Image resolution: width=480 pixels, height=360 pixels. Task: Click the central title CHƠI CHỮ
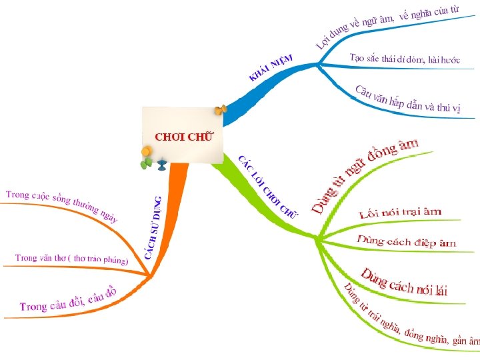coord(184,137)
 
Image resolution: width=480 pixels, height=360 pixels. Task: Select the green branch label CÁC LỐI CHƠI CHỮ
coord(267,186)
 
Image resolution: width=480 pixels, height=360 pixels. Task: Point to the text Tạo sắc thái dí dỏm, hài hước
coord(405,59)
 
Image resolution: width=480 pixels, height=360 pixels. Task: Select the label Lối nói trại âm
coord(400,213)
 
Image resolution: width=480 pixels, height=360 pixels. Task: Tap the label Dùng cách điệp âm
coord(407,241)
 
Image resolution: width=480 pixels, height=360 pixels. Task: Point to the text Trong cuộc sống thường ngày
coord(62,205)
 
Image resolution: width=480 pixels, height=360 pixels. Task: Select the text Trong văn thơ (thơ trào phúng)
coord(71,258)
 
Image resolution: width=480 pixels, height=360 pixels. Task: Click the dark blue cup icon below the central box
coord(162,163)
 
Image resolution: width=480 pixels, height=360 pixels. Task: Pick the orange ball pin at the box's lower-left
coord(146,153)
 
